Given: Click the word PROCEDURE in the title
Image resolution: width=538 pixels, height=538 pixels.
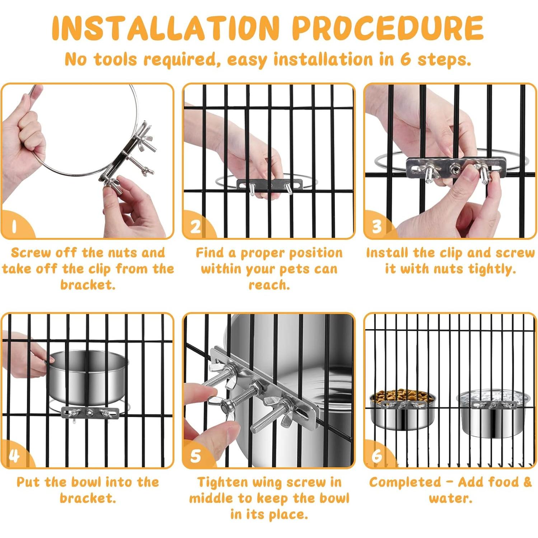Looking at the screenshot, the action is tap(388, 28).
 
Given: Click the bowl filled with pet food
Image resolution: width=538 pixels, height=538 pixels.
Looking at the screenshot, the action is tap(403, 409).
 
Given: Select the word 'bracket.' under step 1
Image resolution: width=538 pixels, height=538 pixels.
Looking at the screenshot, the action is tap(88, 285).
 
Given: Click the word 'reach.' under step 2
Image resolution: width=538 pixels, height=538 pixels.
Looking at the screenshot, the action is tap(269, 285).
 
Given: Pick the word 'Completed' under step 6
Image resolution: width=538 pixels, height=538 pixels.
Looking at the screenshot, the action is tap(405, 482).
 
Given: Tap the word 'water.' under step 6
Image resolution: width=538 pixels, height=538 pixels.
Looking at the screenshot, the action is tap(450, 498).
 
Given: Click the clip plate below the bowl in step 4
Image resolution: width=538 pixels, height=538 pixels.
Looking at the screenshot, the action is tap(90, 413).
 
